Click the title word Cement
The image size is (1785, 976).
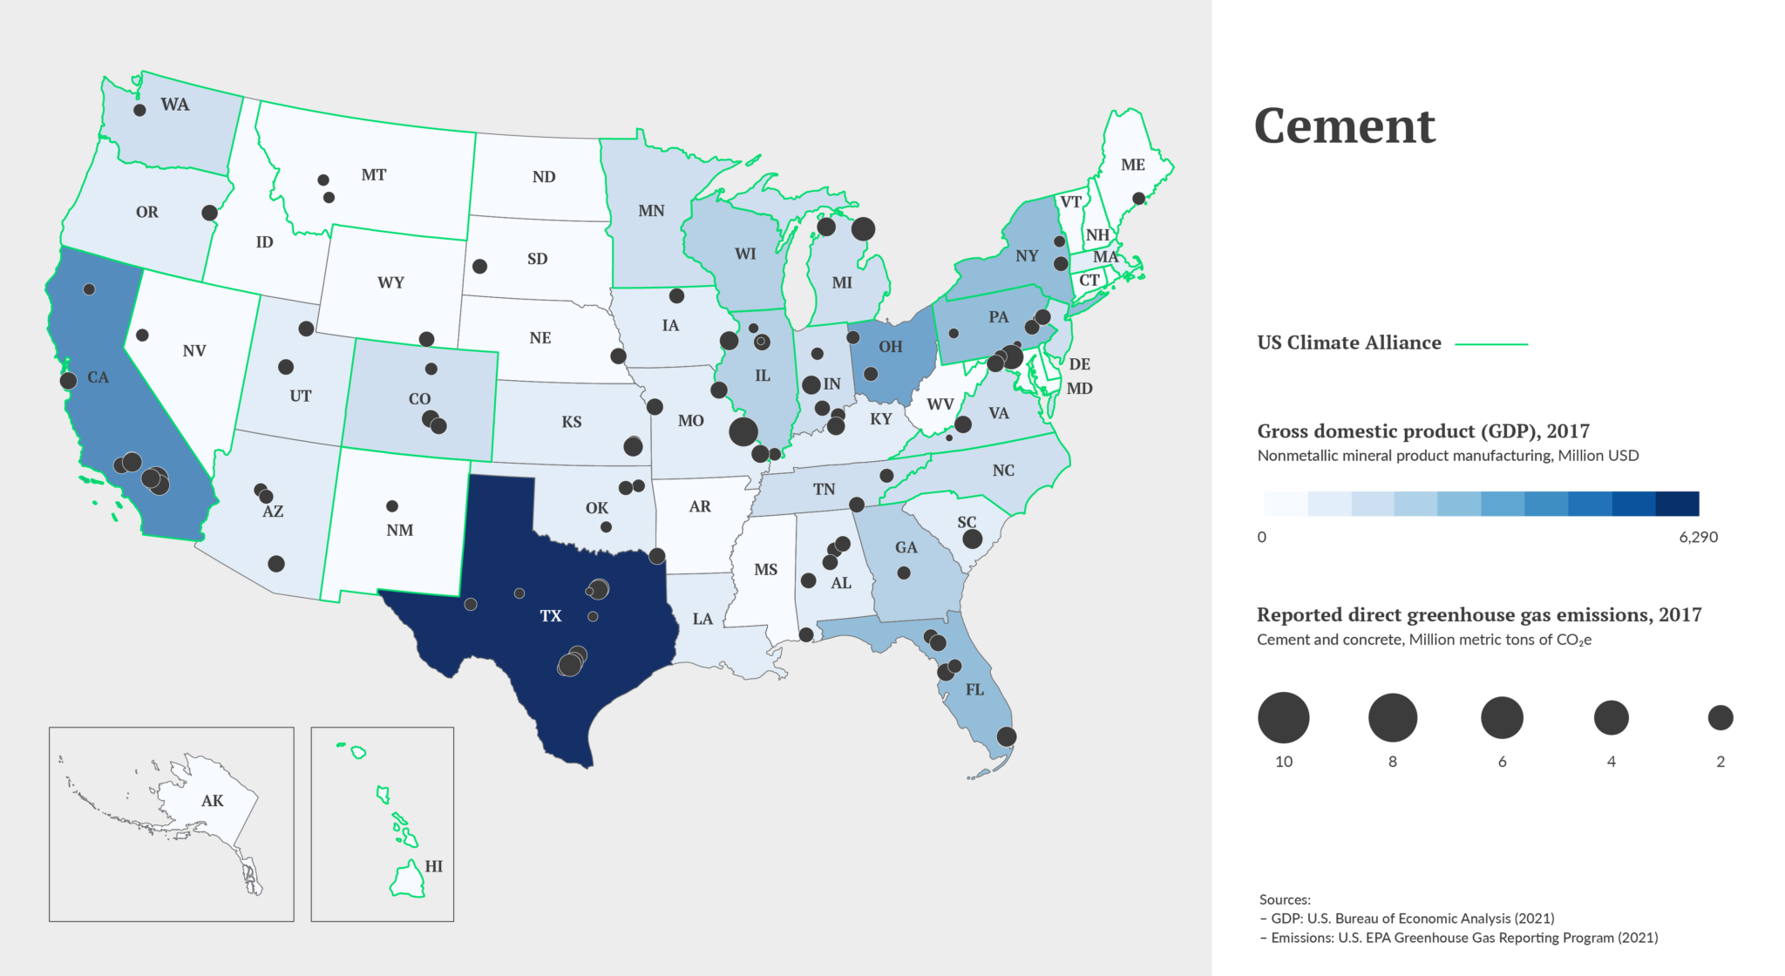pos(1344,126)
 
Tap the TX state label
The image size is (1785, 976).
pos(551,616)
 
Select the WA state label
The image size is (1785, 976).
pos(174,105)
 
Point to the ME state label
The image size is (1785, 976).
pos(1133,165)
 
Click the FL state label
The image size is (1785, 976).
pos(974,690)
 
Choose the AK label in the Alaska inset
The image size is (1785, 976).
pos(213,801)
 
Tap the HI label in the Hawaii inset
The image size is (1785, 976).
pos(434,866)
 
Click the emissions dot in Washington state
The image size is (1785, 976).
pos(139,110)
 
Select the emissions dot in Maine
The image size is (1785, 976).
pos(1138,199)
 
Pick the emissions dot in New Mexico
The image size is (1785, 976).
pos(392,506)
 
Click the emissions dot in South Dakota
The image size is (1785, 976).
pos(479,266)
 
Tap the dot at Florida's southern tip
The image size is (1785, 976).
pos(1006,736)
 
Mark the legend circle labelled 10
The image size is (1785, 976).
pos(1283,718)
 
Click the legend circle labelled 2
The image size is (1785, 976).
pos(1721,718)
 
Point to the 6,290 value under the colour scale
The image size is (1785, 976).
pos(1698,538)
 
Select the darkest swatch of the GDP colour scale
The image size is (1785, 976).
pos(1677,504)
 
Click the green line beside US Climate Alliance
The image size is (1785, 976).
pos(1491,344)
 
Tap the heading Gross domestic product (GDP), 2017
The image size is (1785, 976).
pos(1422,431)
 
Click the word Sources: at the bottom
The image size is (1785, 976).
pos(1285,899)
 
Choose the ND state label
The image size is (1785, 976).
pos(544,177)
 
